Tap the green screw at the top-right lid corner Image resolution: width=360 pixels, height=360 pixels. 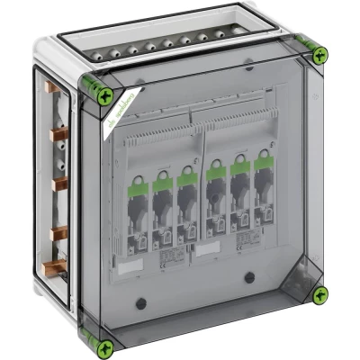coord(319,56)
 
